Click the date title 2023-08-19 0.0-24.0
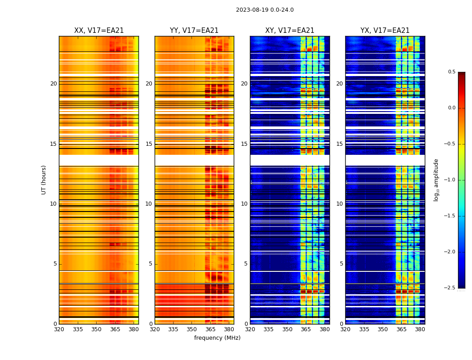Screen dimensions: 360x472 [x=265, y=10]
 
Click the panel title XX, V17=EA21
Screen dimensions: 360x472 [x=99, y=31]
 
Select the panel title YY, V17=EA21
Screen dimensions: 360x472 [x=194, y=31]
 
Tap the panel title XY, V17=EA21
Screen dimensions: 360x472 [x=289, y=31]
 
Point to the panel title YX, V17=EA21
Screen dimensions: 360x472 [x=385, y=31]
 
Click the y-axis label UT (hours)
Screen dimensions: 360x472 [x=44, y=180]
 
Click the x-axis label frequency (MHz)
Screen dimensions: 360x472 [x=217, y=338]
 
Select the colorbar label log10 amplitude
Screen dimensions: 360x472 [x=436, y=180]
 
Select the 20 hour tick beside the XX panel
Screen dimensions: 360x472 [x=53, y=84]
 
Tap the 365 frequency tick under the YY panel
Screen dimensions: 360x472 [x=210, y=329]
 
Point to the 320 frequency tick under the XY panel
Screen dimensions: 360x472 [x=250, y=329]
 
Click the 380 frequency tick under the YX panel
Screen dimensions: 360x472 [x=420, y=329]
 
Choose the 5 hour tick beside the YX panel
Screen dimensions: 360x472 [x=341, y=264]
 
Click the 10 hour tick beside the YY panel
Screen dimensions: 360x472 [x=149, y=204]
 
